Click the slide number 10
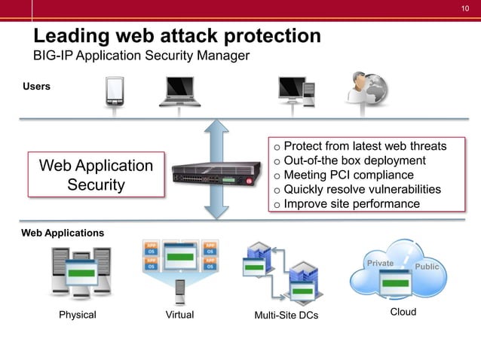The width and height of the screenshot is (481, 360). coord(465,8)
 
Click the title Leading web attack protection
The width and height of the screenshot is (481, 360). coord(177,35)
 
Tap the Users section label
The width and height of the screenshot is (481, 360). coord(36,87)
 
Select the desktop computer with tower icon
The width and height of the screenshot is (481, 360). coord(296,93)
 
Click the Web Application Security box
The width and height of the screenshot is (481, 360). coord(96,175)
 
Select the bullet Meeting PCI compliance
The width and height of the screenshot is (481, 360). coord(348,175)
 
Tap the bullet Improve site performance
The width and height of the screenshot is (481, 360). coord(351,204)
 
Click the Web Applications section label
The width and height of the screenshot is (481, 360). coord(63,233)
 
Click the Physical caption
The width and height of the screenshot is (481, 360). coord(78,315)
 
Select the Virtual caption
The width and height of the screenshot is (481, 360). coord(179,315)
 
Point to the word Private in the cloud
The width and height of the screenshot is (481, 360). coord(380,264)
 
